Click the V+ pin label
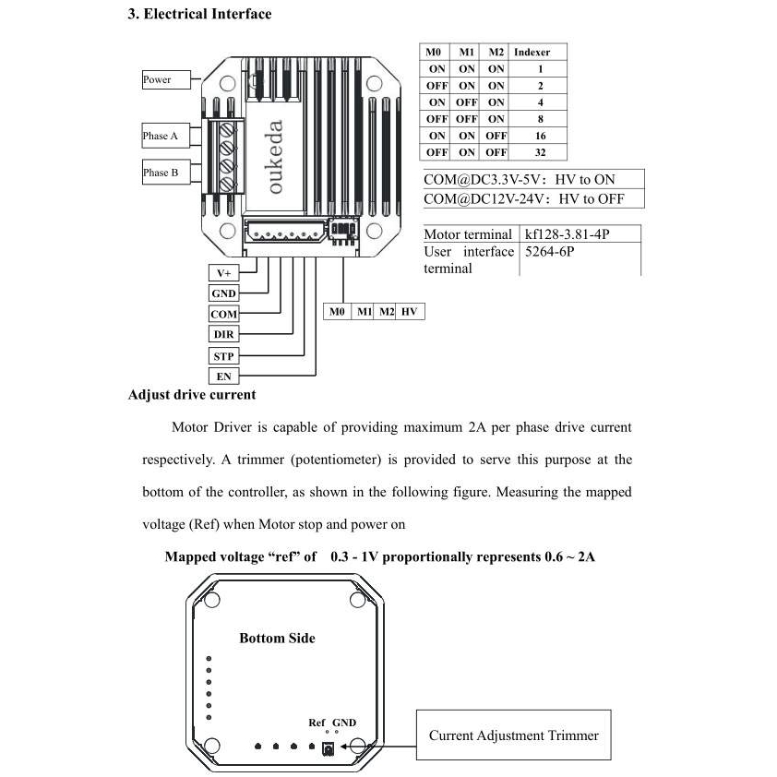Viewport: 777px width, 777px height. click(x=224, y=273)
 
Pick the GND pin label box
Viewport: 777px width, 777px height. click(x=224, y=293)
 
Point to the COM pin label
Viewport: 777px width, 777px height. click(x=224, y=314)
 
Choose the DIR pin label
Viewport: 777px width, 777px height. click(x=224, y=334)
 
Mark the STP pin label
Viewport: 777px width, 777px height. click(x=224, y=355)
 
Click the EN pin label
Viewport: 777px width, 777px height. click(x=224, y=377)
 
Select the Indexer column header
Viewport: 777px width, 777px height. click(x=532, y=52)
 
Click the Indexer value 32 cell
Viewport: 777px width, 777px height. click(x=539, y=152)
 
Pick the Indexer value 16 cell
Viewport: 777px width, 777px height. click(x=539, y=136)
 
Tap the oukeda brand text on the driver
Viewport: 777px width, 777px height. click(x=276, y=157)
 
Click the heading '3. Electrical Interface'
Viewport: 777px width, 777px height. click(x=199, y=15)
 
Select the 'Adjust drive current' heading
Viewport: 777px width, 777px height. click(x=192, y=395)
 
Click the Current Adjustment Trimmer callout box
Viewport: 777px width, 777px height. click(x=513, y=735)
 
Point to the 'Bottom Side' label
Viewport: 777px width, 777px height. click(x=277, y=638)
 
